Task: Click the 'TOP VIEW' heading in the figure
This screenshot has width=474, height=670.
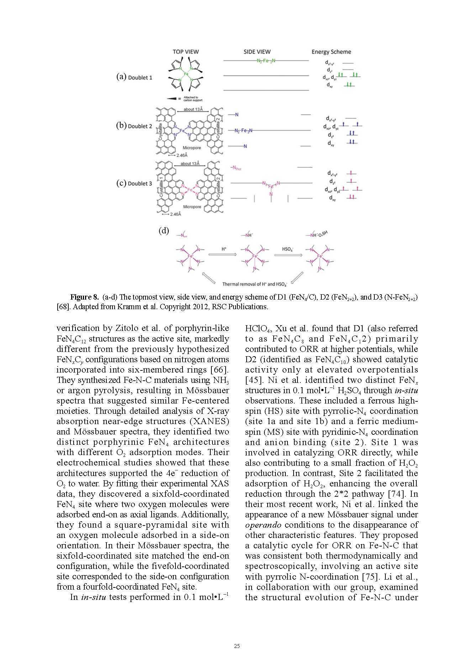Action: click(185, 52)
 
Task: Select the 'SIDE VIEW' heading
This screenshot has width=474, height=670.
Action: click(257, 52)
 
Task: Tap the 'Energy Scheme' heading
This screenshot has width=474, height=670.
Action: click(331, 52)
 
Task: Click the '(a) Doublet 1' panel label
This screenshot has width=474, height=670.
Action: click(134, 77)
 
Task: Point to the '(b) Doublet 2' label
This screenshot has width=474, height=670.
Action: click(134, 126)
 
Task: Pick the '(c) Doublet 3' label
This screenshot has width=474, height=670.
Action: click(134, 184)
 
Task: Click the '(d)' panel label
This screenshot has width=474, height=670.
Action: click(164, 231)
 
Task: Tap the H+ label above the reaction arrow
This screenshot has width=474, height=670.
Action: click(224, 249)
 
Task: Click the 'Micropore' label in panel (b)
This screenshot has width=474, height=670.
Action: click(192, 148)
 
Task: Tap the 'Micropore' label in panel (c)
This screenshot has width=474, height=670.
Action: click(192, 207)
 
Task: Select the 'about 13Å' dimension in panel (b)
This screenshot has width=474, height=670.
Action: click(193, 109)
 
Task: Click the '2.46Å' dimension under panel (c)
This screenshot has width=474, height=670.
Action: click(175, 214)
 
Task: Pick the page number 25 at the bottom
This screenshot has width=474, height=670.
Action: click(237, 646)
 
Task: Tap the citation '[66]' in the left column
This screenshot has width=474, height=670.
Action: click(220, 370)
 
